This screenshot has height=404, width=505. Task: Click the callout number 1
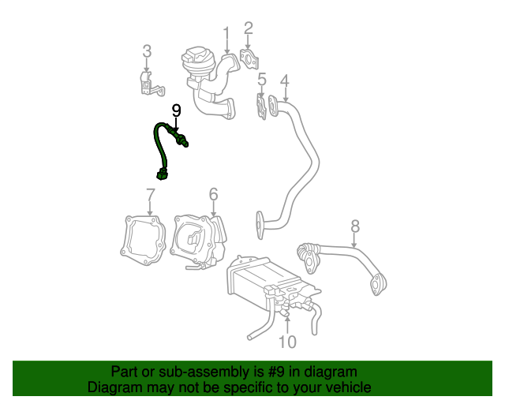226,37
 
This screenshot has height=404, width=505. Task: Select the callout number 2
248,28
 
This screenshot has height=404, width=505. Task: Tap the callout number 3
147,51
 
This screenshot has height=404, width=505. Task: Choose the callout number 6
213,194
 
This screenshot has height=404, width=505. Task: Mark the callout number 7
151,195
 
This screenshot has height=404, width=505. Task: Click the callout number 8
354,226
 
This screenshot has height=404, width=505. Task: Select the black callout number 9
176,110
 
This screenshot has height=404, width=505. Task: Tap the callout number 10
287,342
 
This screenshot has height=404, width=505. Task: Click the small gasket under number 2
249,59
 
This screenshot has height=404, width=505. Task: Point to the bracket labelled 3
151,84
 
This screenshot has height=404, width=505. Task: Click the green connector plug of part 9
162,174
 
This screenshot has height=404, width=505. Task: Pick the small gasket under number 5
261,107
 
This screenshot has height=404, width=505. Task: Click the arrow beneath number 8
354,240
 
